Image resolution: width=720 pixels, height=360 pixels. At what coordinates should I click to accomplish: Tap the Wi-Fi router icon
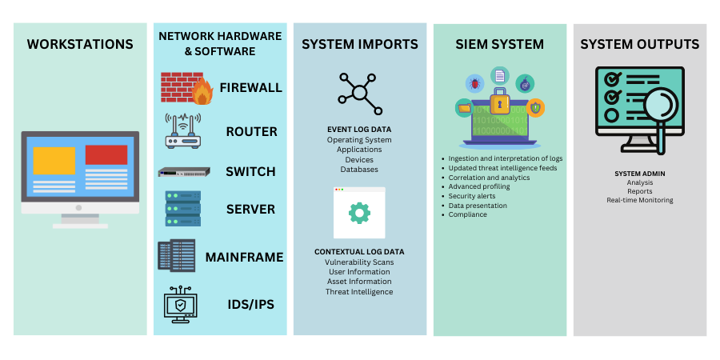click(182, 131)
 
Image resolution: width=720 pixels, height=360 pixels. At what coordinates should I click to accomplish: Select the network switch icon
click(184, 171)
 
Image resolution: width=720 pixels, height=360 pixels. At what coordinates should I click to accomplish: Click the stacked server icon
click(182, 210)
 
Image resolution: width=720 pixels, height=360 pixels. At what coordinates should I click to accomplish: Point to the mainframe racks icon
click(177, 256)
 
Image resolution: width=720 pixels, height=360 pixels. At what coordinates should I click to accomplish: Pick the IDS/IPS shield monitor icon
click(180, 304)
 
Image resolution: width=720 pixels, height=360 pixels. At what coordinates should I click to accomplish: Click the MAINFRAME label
click(244, 257)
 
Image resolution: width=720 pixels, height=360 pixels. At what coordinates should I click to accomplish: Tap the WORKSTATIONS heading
click(80, 44)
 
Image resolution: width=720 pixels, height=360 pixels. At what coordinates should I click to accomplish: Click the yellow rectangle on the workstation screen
click(54, 160)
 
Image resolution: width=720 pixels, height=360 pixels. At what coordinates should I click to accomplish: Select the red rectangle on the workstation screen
click(106, 154)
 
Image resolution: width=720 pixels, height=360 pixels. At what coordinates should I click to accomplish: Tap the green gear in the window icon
click(359, 212)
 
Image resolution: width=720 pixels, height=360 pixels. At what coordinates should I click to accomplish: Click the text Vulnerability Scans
click(359, 262)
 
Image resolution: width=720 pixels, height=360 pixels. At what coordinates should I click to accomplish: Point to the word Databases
click(359, 170)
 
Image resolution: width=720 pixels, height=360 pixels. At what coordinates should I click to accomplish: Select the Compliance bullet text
click(468, 214)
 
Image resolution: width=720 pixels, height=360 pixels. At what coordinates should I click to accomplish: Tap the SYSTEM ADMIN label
click(640, 174)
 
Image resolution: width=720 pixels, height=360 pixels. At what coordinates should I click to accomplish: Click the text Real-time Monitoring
click(640, 200)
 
